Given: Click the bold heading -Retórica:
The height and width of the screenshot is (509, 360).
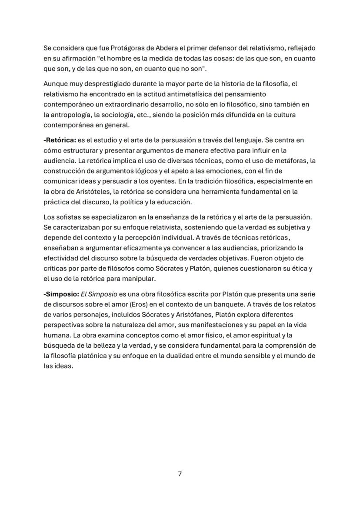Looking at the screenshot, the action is [60, 140].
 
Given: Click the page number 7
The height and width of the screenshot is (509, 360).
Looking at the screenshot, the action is [180, 474].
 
